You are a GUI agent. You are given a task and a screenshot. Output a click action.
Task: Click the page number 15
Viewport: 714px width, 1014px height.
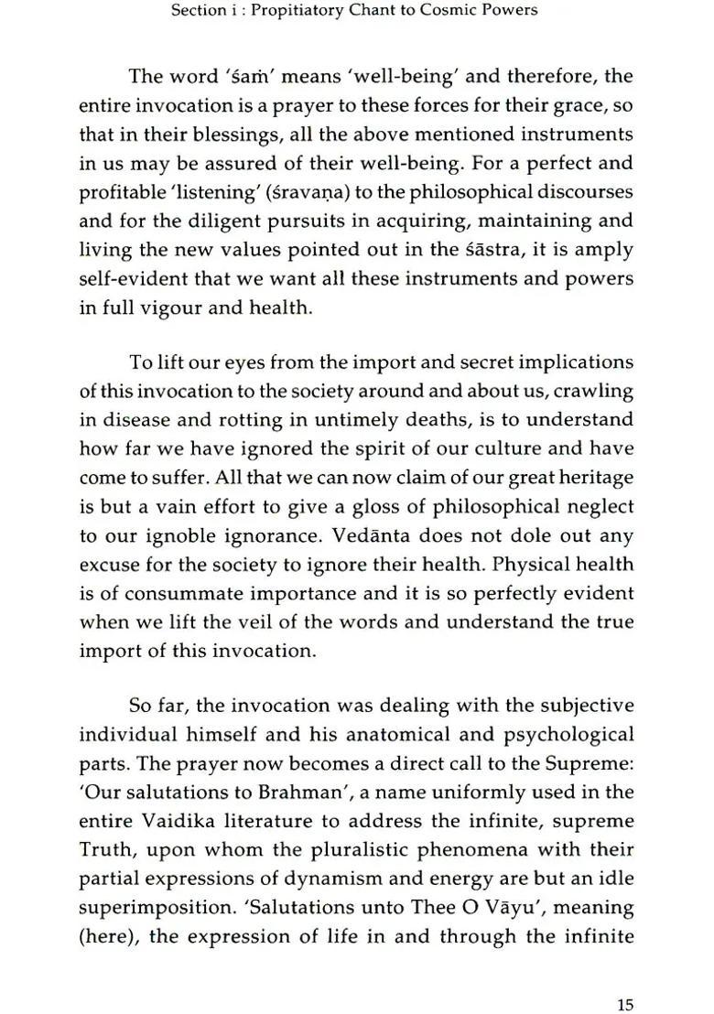point(625,979)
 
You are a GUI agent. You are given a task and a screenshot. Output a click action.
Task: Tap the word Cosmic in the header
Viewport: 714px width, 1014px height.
point(454,11)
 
